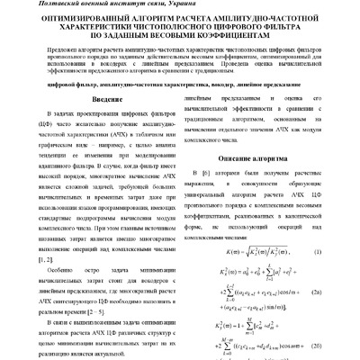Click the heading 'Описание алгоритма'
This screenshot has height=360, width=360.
pos(268,159)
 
